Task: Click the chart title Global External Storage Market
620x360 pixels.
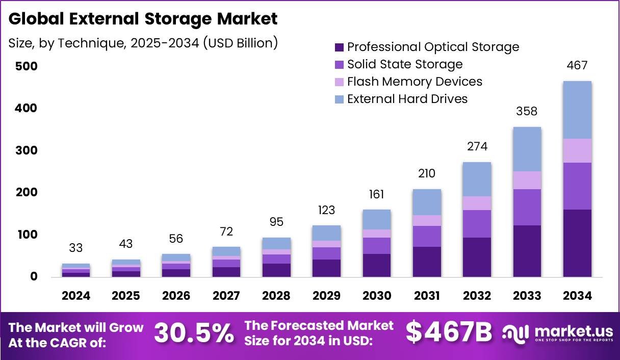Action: point(143,19)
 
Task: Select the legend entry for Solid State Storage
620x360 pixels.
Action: point(405,64)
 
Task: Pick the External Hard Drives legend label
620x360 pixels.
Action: point(407,99)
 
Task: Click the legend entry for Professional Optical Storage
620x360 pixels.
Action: point(433,47)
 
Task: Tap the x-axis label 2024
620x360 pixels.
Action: point(76,296)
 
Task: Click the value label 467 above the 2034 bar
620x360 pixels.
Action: point(577,65)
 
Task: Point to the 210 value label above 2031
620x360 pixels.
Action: point(427,173)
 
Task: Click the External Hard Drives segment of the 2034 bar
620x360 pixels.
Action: point(577,110)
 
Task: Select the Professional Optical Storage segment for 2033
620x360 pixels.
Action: point(527,251)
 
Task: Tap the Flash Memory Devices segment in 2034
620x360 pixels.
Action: point(577,150)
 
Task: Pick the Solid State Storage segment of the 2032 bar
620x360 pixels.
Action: point(477,223)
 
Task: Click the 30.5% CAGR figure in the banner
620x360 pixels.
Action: point(194,333)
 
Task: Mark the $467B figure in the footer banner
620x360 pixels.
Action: point(449,332)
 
